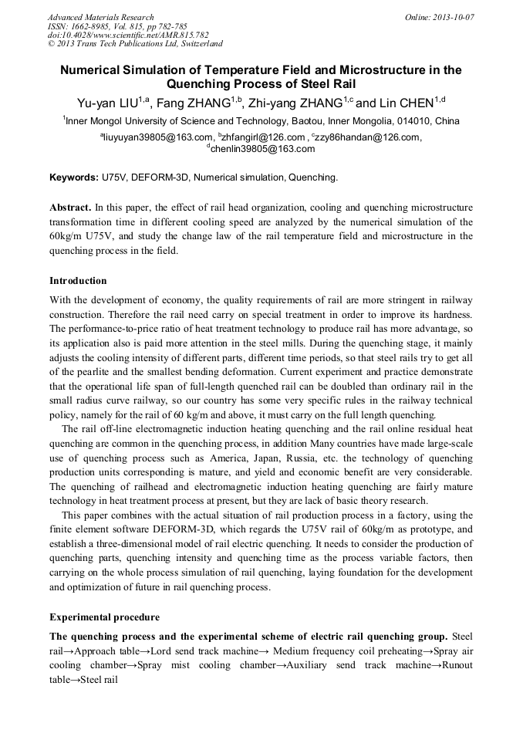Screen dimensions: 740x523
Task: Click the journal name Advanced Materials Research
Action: [x=100, y=17]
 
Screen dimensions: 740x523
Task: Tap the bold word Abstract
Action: [x=70, y=208]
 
